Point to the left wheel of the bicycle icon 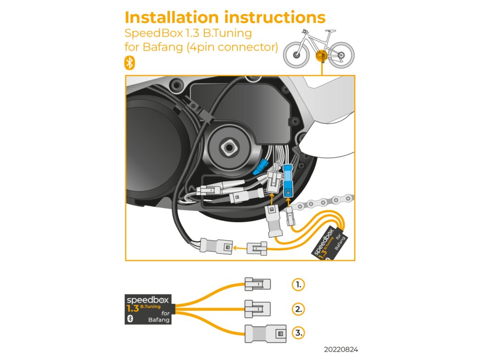click(x=296, y=51)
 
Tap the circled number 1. click(x=298, y=284)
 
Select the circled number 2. click(x=298, y=308)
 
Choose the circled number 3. click(x=298, y=333)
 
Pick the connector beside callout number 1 click(x=257, y=284)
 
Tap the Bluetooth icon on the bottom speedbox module click(x=131, y=318)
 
